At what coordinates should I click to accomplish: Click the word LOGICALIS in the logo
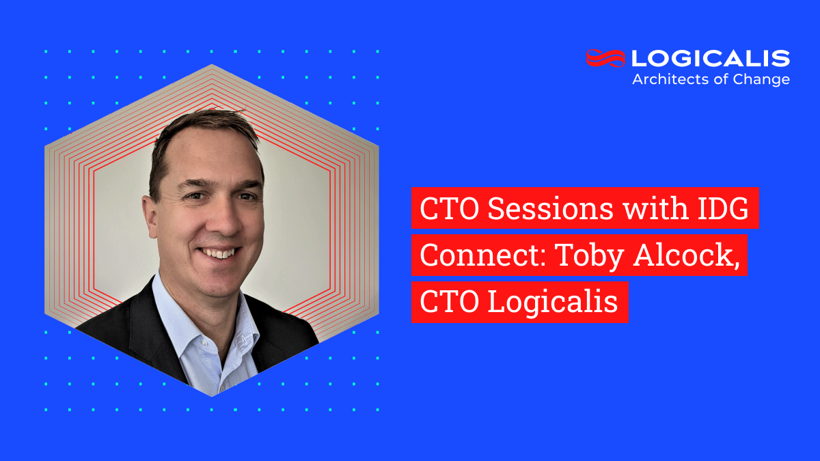[711, 59]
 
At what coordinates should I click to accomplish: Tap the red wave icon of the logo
[605, 59]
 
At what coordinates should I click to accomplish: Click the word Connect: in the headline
[481, 255]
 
